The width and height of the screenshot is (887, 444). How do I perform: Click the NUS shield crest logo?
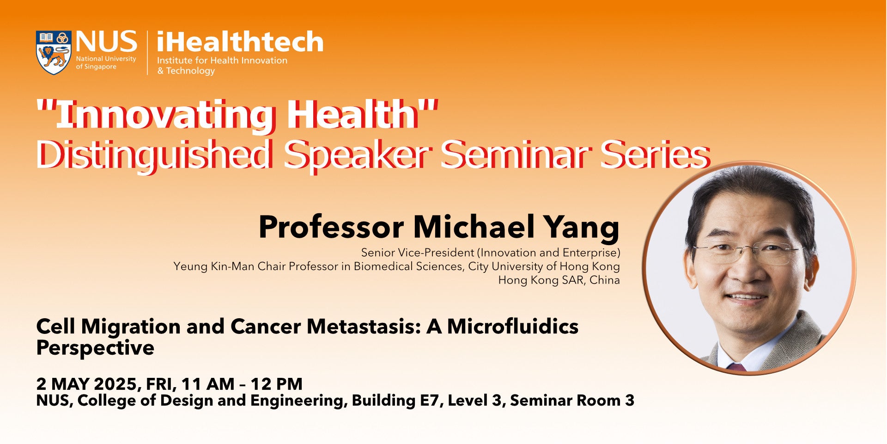pyautogui.click(x=53, y=53)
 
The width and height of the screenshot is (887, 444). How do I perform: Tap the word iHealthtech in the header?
pyautogui.click(x=240, y=42)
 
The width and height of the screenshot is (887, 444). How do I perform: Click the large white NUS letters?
pyautogui.click(x=107, y=42)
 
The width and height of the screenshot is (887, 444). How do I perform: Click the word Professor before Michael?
pyautogui.click(x=331, y=227)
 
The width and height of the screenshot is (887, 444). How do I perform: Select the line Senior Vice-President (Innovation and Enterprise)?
pyautogui.click(x=491, y=253)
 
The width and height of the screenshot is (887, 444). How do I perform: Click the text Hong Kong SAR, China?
pyautogui.click(x=559, y=280)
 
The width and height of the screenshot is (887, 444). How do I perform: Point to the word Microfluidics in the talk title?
pyautogui.click(x=513, y=327)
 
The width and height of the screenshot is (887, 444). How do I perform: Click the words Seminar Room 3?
pyautogui.click(x=572, y=401)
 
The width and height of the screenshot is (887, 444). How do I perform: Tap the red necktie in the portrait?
pyautogui.click(x=737, y=367)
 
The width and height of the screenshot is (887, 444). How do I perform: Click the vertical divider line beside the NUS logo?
pyautogui.click(x=148, y=53)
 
